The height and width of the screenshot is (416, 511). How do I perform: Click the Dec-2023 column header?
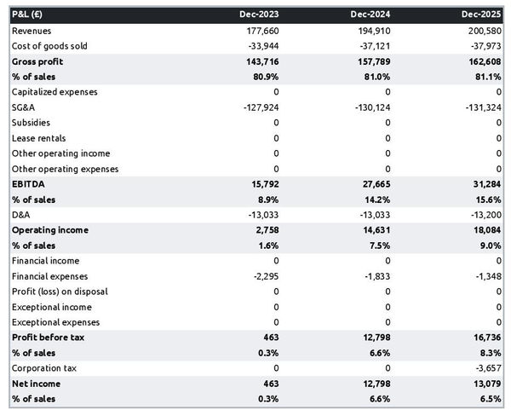click(259, 14)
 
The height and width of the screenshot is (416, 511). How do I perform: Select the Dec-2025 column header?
click(482, 14)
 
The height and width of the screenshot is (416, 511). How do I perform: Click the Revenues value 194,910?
click(373, 31)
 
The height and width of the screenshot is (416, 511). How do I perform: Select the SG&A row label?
click(24, 107)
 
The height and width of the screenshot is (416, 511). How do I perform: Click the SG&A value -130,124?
click(371, 107)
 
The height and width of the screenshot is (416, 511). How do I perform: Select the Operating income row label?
click(49, 230)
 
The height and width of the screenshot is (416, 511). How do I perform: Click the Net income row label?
click(36, 384)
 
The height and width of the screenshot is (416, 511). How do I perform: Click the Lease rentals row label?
click(38, 138)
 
